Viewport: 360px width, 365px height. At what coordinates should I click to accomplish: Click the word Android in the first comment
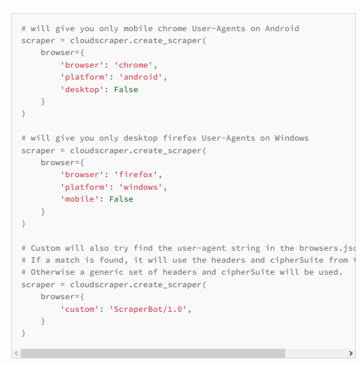pyautogui.click(x=282, y=29)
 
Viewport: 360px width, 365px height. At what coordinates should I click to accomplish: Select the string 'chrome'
pyautogui.click(x=133, y=65)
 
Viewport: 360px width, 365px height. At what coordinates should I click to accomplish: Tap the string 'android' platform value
pyautogui.click(x=141, y=77)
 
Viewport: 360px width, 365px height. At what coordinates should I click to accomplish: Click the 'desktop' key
pyautogui.click(x=82, y=90)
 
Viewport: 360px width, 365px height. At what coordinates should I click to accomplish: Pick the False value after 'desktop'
pyautogui.click(x=126, y=90)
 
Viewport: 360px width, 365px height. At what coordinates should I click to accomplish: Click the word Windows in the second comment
pyautogui.click(x=292, y=138)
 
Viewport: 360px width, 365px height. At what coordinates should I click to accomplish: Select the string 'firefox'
pyautogui.click(x=136, y=175)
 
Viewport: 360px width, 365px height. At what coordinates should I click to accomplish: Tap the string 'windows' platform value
pyautogui.click(x=141, y=187)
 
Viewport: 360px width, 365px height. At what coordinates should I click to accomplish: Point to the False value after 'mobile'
pyautogui.click(x=121, y=199)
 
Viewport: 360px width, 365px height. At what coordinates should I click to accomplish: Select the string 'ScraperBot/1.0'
pyautogui.click(x=148, y=309)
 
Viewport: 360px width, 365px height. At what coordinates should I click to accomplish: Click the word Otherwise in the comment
pyautogui.click(x=53, y=272)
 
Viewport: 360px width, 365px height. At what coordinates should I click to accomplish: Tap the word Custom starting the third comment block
pyautogui.click(x=45, y=248)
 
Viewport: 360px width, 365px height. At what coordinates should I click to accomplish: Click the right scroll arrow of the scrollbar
pyautogui.click(x=350, y=354)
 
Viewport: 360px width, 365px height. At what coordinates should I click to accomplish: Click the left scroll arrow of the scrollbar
pyautogui.click(x=16, y=354)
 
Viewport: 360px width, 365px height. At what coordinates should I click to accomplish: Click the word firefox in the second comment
pyautogui.click(x=179, y=138)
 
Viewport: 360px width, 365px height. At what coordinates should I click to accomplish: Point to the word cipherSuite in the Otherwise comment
pyautogui.click(x=248, y=272)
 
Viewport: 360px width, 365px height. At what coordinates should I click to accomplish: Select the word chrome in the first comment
pyautogui.click(x=172, y=29)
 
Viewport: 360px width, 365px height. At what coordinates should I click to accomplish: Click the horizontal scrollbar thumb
pyautogui.click(x=153, y=354)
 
